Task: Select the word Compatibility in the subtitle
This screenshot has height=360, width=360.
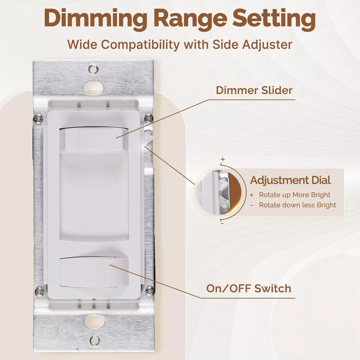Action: tap(140, 45)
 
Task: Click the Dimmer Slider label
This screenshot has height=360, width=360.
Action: tap(254, 90)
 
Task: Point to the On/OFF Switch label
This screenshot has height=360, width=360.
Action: tap(249, 289)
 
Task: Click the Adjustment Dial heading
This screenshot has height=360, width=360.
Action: tap(290, 180)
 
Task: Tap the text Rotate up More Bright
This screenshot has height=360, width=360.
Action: tap(294, 195)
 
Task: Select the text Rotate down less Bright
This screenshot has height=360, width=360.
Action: tap(298, 205)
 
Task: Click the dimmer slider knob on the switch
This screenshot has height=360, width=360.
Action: tap(94, 140)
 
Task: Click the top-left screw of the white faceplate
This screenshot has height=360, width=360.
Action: tap(39, 118)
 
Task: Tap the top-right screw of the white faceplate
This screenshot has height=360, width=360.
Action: tap(149, 118)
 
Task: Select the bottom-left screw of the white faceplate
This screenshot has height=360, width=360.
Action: tap(39, 292)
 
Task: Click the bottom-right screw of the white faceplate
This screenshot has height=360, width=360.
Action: tap(150, 291)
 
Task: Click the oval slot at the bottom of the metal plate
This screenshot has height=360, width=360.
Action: tap(94, 322)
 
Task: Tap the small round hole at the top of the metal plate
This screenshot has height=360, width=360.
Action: tap(93, 69)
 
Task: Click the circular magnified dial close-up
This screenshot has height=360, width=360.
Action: tap(218, 193)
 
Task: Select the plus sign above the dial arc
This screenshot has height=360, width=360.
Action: tap(222, 159)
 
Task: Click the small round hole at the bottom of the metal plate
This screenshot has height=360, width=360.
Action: tap(95, 341)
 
